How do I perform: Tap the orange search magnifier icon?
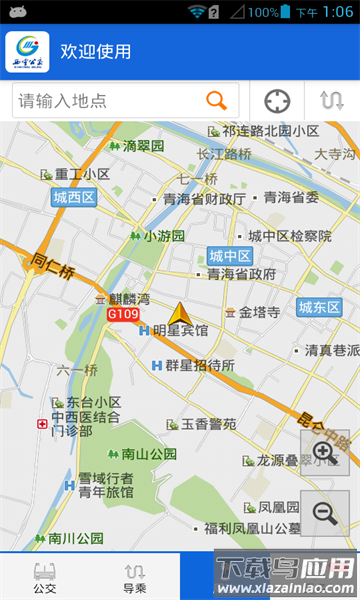pyautogui.click(x=216, y=100)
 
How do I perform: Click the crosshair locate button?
pyautogui.click(x=277, y=101)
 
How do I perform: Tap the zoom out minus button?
pyautogui.click(x=324, y=513)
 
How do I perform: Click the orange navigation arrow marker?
pyautogui.click(x=180, y=314)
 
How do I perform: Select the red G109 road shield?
pyautogui.click(x=122, y=314)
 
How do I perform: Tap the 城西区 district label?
pyautogui.click(x=74, y=198)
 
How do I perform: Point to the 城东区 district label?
pyautogui.click(x=319, y=307)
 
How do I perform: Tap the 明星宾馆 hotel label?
pyautogui.click(x=180, y=331)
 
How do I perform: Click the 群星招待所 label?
pyautogui.click(x=199, y=365)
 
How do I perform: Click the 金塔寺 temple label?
pyautogui.click(x=258, y=312)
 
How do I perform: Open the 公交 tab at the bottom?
pyautogui.click(x=45, y=578)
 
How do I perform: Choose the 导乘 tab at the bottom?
pyautogui.click(x=135, y=578)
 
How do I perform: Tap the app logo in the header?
pyautogui.click(x=27, y=52)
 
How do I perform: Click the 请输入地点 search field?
pyautogui.click(x=110, y=100)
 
